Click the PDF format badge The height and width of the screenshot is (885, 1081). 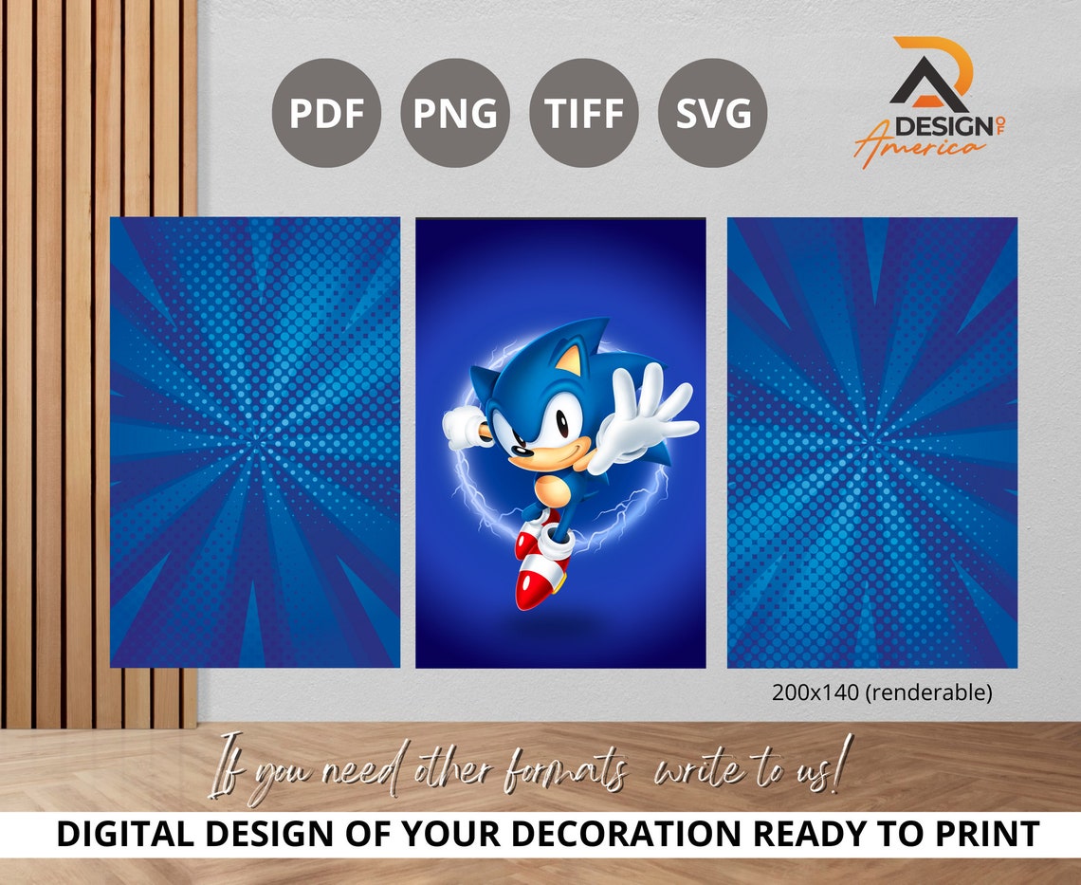pyautogui.click(x=326, y=113)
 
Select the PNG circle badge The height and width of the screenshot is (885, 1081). pyautogui.click(x=455, y=113)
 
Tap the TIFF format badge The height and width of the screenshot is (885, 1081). pyautogui.click(x=584, y=113)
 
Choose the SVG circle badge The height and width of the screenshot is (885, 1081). pyautogui.click(x=713, y=113)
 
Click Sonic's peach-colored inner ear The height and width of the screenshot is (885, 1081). pyautogui.click(x=569, y=360)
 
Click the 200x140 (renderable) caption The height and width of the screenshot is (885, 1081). pyautogui.click(x=882, y=693)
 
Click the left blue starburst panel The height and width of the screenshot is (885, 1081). pyautogui.click(x=255, y=442)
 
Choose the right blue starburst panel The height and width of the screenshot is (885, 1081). pyautogui.click(x=871, y=442)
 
